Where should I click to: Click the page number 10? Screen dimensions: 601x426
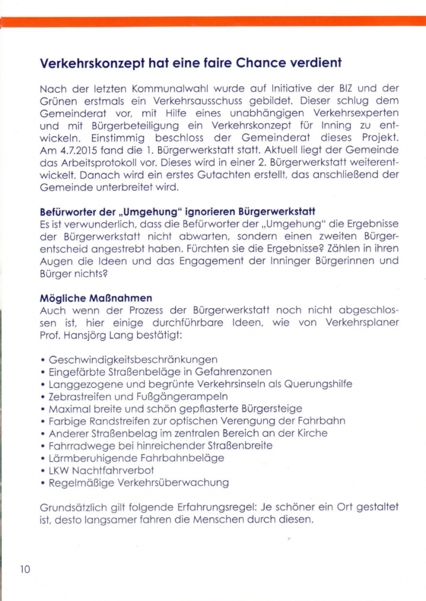coord(25,569)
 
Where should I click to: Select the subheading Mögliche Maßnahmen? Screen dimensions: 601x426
coord(91,299)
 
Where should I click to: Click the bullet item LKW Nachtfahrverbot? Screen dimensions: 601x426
coord(101,471)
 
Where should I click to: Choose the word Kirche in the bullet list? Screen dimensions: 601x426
coord(311,434)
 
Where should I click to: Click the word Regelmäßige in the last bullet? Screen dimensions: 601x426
coord(79,483)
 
